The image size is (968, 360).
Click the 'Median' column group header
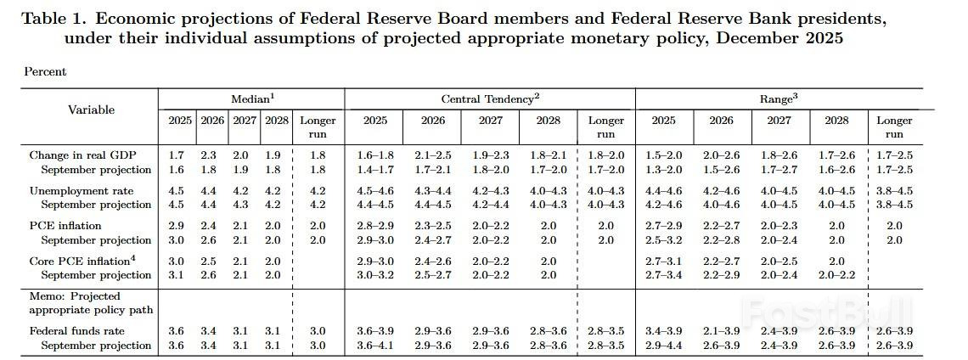250,99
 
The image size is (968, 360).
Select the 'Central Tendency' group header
489,99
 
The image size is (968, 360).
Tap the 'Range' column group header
776,99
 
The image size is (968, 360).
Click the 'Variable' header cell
91,110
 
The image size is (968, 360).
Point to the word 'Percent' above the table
45,72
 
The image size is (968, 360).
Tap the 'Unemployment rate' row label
76,190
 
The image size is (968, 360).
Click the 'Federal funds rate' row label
78,331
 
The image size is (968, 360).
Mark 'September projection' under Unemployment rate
96,205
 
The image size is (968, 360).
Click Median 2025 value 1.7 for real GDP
177,155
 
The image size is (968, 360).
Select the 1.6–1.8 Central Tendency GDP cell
374,155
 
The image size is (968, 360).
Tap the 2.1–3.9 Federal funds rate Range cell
721,331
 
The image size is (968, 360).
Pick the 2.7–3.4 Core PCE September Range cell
663,275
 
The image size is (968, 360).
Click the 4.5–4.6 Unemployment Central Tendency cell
374,190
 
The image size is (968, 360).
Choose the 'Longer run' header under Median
318,127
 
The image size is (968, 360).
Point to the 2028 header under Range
836,121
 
